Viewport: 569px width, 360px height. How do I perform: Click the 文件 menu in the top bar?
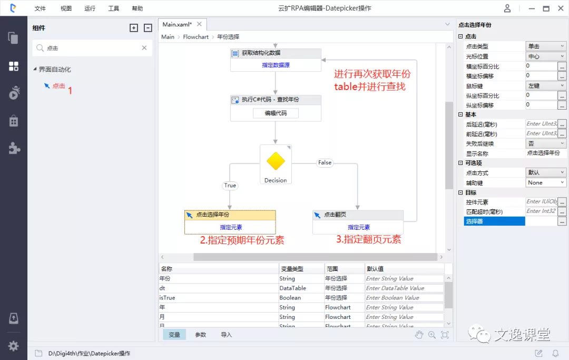40,8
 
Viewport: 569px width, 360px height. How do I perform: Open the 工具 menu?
113,8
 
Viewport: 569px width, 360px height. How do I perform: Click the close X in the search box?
144,48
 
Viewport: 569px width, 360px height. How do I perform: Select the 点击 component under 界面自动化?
58,86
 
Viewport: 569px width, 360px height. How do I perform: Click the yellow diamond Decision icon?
276,161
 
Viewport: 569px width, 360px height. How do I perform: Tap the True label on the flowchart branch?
230,185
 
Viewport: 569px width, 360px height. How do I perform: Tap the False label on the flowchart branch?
325,162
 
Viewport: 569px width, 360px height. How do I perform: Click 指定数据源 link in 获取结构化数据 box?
276,65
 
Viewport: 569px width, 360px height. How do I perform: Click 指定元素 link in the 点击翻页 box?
359,227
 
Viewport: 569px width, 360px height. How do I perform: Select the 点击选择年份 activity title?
212,215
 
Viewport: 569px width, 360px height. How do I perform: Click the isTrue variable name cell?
167,298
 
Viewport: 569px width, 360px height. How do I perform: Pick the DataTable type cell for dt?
292,288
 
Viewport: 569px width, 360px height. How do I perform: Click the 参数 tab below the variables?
201,335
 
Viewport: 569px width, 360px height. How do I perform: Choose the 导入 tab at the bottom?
227,335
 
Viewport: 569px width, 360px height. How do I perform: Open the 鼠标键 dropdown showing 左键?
546,85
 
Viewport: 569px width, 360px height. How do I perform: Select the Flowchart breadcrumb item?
195,37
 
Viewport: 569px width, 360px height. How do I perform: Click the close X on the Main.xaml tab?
199,24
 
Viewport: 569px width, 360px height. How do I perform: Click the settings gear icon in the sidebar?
13,346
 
